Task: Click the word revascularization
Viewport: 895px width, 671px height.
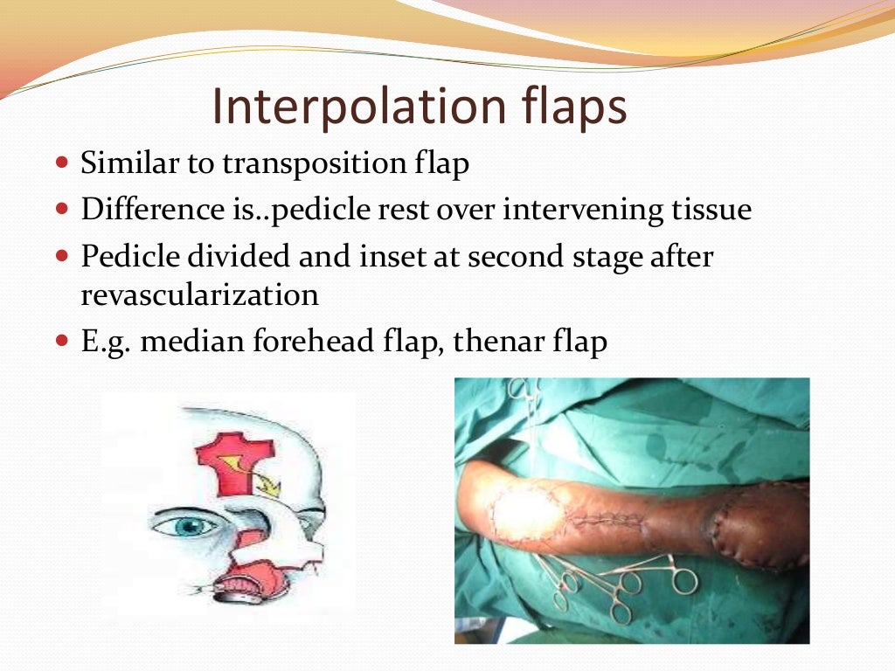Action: (199, 295)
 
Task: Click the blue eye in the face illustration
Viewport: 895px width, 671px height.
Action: (186, 526)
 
